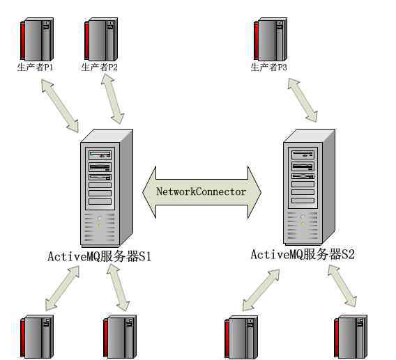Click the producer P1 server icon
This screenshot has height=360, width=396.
[x=37, y=39]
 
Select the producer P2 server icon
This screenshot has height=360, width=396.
[x=101, y=39]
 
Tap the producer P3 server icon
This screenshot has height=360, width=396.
[x=271, y=39]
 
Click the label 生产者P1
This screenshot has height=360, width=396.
[x=35, y=67]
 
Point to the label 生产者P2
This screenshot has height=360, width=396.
[x=99, y=67]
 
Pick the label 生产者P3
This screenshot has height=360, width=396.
[x=268, y=67]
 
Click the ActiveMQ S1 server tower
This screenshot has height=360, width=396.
[x=107, y=188]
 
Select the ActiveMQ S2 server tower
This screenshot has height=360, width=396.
[x=309, y=187]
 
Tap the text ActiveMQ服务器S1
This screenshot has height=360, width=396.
[x=99, y=256]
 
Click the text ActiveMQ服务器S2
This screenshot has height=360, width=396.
[x=303, y=254]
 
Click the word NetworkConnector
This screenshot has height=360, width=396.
[x=201, y=191]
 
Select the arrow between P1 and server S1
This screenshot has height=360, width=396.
[x=60, y=106]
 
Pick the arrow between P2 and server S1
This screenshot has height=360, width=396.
[x=112, y=99]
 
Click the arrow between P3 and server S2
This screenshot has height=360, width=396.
[x=303, y=100]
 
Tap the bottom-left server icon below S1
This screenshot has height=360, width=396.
[x=37, y=336]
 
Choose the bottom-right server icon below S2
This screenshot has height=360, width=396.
[x=351, y=337]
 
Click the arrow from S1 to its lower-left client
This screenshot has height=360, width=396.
[x=62, y=288]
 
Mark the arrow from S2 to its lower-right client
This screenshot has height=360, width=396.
[x=342, y=286]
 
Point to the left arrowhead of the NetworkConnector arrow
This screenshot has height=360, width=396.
[x=149, y=192]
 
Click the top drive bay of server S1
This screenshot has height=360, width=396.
[x=100, y=155]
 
